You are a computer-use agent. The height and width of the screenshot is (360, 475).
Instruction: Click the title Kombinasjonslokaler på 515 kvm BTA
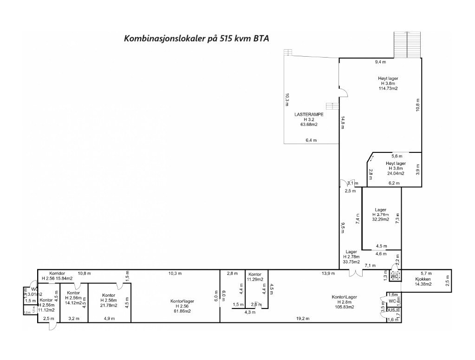196,38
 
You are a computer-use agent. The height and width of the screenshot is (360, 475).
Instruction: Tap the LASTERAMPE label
309,114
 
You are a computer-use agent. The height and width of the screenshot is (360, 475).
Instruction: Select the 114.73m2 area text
388,88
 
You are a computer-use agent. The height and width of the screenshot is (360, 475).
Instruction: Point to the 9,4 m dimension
381,62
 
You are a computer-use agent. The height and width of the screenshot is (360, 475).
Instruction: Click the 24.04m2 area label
396,173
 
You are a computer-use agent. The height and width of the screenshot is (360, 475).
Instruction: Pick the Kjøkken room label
423,279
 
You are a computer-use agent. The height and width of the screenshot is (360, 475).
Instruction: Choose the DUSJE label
394,310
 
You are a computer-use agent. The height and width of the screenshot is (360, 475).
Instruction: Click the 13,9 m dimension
328,274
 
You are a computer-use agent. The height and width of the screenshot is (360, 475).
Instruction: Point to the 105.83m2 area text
344,307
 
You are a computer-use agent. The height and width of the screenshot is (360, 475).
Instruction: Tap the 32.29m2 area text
380,219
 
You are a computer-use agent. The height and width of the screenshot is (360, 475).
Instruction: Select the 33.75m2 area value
351,262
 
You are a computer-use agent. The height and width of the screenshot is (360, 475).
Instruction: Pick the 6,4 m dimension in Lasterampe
311,140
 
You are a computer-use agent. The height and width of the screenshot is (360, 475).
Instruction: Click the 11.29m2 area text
255,280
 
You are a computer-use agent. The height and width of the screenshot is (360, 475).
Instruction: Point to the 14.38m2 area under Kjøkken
423,284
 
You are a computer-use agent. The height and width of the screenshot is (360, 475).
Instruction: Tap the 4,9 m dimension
109,319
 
